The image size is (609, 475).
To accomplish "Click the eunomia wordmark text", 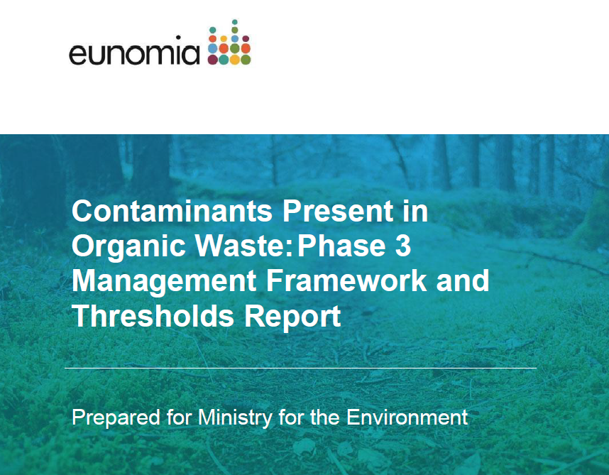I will click(x=133, y=53).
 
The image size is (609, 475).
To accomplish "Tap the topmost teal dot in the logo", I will click(x=234, y=22).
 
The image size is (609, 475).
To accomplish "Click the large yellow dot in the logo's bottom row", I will click(x=234, y=60).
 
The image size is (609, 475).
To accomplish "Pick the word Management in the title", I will click(x=163, y=281).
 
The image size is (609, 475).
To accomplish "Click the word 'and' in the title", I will click(x=463, y=281).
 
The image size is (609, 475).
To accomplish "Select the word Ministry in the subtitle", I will click(x=234, y=417).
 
